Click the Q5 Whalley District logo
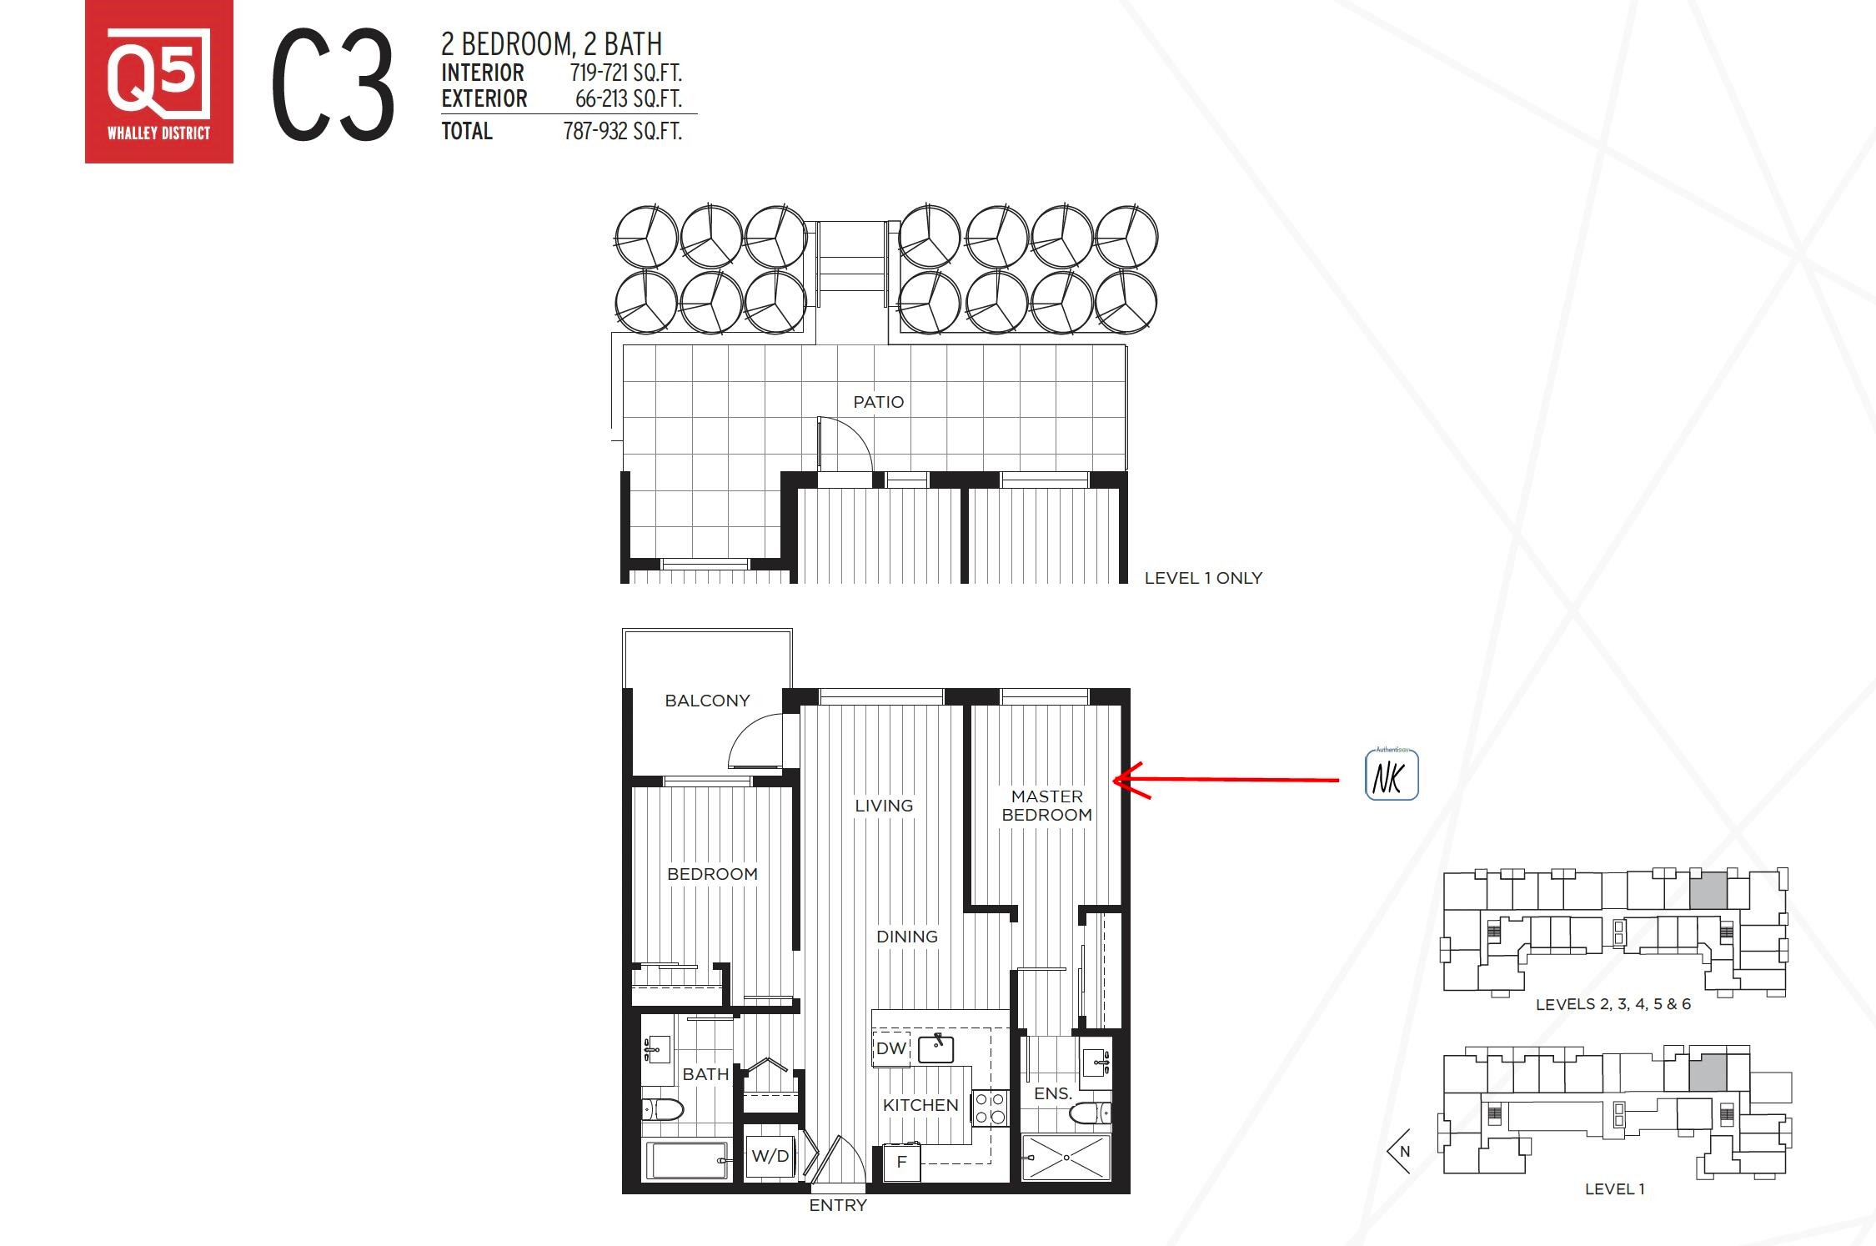[x=159, y=82]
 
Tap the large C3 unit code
[x=333, y=85]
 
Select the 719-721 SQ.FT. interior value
[x=626, y=73]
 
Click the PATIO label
[x=879, y=402]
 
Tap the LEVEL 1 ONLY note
[x=1203, y=578]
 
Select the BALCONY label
[x=707, y=701]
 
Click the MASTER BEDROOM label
[x=1047, y=806]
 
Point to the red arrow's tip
[x=1115, y=781]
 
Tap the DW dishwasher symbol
[x=890, y=1048]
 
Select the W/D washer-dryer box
[x=769, y=1156]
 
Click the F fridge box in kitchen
[x=901, y=1162]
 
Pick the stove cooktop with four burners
[x=991, y=1108]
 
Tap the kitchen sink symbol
[x=935, y=1048]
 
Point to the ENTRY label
[x=838, y=1205]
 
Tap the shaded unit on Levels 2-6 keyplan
[x=1708, y=891]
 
